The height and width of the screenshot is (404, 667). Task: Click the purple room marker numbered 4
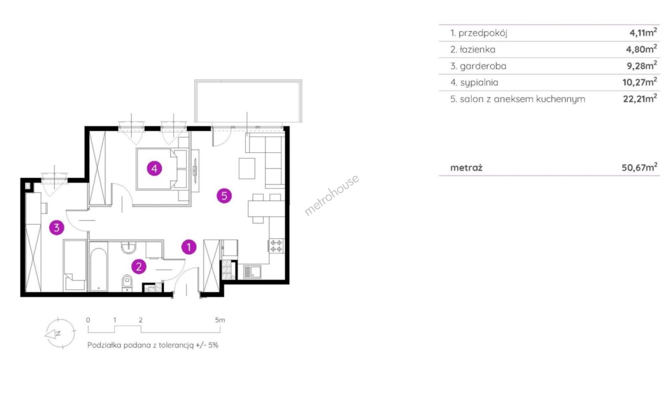pyautogui.click(x=154, y=168)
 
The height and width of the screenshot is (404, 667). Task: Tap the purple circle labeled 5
pyautogui.click(x=224, y=195)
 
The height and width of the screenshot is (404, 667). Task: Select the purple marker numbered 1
pyautogui.click(x=189, y=247)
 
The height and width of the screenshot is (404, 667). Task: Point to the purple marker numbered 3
pyautogui.click(x=56, y=227)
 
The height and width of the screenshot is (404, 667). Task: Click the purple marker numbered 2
pyautogui.click(x=139, y=266)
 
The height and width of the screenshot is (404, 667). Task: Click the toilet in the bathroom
pyautogui.click(x=127, y=282)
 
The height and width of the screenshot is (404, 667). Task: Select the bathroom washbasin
pyautogui.click(x=129, y=248)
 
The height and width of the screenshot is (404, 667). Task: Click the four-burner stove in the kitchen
pyautogui.click(x=276, y=246)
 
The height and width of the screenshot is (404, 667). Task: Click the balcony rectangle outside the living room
pyautogui.click(x=248, y=101)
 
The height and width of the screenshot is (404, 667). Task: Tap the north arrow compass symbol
pyautogui.click(x=59, y=333)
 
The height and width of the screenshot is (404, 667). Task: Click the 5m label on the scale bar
pyautogui.click(x=220, y=320)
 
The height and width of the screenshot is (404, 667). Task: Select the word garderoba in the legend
pyautogui.click(x=483, y=66)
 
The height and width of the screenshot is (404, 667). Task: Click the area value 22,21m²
pyautogui.click(x=640, y=98)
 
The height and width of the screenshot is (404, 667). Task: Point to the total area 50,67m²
pyautogui.click(x=639, y=167)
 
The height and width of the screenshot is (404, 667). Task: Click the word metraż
pyautogui.click(x=466, y=168)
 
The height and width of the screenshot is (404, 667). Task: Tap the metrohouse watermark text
pyautogui.click(x=332, y=195)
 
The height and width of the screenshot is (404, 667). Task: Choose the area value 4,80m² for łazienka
pyautogui.click(x=641, y=49)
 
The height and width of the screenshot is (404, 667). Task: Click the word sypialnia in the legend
pyautogui.click(x=479, y=83)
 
